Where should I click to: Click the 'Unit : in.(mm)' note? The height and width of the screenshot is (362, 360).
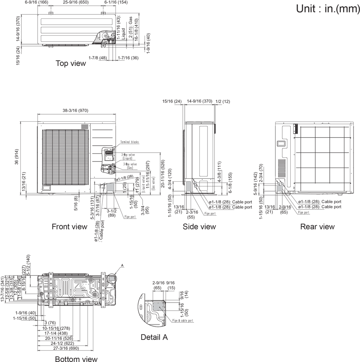(327, 9)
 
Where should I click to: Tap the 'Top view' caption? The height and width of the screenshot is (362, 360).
(71, 63)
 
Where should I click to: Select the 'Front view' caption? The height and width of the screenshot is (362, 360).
(69, 226)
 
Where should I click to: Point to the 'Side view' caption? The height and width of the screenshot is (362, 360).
(199, 226)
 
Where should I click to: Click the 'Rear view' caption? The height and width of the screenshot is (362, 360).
(317, 226)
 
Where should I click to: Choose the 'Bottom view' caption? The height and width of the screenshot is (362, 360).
(76, 359)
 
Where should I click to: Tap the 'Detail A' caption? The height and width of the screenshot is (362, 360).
(154, 337)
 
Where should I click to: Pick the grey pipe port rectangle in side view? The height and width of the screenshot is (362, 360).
(189, 187)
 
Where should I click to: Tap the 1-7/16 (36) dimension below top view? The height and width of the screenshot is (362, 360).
(128, 58)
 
